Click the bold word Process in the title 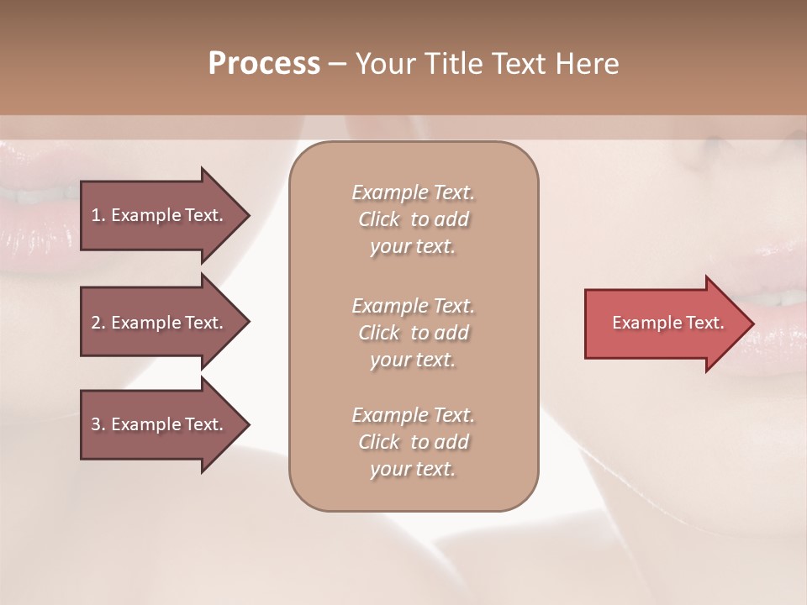click(264, 64)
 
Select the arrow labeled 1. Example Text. click(160, 215)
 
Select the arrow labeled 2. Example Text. click(160, 323)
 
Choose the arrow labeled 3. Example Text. click(160, 424)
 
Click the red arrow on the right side click(664, 323)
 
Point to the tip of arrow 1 click(248, 215)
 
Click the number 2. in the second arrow click(98, 323)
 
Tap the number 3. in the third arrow click(98, 424)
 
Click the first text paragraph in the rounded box click(413, 219)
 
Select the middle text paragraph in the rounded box click(413, 332)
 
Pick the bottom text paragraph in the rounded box click(413, 442)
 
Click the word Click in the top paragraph click(379, 219)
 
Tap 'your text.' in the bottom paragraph click(413, 469)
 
